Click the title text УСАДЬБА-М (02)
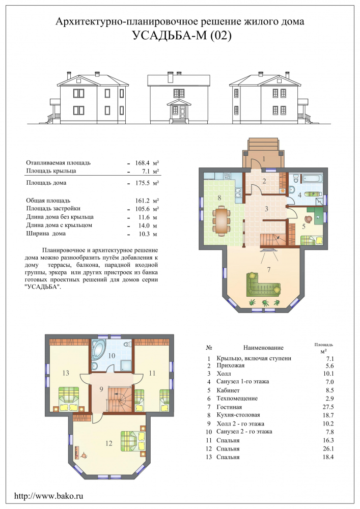pos(182,35)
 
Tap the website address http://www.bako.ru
pos(49,496)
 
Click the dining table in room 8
pos(222,222)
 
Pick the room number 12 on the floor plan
pos(109,443)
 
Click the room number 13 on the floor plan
pos(66,373)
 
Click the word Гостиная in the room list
pos(229,407)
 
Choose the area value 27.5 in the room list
pos(328,407)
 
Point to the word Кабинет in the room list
pos(228,390)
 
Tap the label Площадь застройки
pos(53,209)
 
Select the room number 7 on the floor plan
pos(268,270)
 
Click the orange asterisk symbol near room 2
pos(283,190)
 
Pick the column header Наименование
pos(263,348)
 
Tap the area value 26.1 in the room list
pos(328,449)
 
